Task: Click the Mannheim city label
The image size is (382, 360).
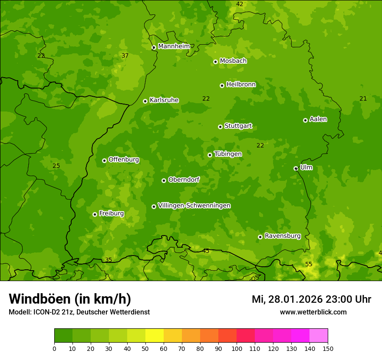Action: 174,46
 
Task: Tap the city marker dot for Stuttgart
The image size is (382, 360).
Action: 220,127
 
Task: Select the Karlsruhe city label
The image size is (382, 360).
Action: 164,100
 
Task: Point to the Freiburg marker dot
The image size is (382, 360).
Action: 95,214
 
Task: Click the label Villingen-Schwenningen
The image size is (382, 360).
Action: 194,206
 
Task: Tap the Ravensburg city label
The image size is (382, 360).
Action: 282,236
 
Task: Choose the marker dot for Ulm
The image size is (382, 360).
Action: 296,168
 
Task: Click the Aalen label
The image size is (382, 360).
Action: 318,119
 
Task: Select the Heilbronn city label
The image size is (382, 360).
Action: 241,85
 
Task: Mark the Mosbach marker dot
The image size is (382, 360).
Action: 215,62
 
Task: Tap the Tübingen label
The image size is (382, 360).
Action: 227,154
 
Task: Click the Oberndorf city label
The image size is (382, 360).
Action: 184,180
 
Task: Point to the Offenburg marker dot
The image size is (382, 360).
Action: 104,160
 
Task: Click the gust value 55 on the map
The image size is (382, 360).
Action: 309,264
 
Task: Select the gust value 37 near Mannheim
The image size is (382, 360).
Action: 125,56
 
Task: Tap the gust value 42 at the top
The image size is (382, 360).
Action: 240,4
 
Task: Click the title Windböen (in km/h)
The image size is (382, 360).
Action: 70,299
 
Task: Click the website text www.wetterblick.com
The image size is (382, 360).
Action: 313,312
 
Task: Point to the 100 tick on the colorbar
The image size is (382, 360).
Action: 237,348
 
